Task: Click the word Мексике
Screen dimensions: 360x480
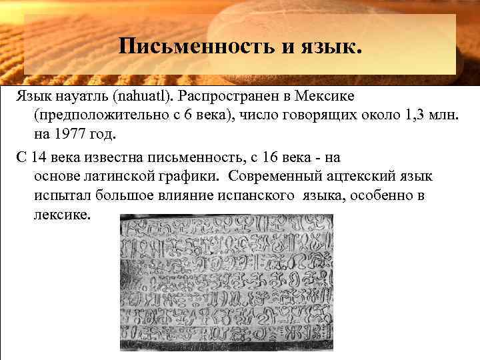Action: pyautogui.click(x=326, y=97)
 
